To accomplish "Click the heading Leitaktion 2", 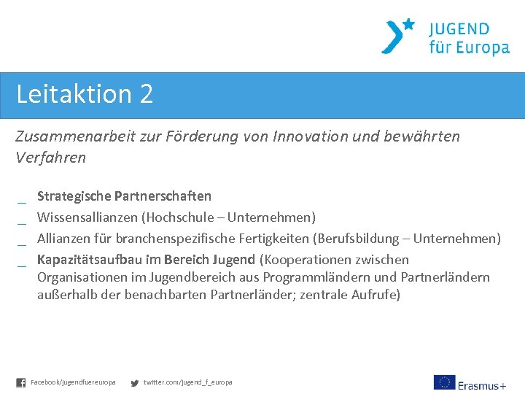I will pyautogui.click(x=85, y=94).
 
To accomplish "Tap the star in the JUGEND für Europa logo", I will pyautogui.click(x=408, y=24).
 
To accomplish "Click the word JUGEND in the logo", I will pyautogui.click(x=459, y=29).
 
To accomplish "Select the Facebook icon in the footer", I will pyautogui.click(x=21, y=382).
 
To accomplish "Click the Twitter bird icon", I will pyautogui.click(x=134, y=382).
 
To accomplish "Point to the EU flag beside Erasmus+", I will pyautogui.click(x=444, y=382).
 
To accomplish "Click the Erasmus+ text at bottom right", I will pyautogui.click(x=482, y=385).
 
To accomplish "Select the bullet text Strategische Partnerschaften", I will pyautogui.click(x=124, y=196).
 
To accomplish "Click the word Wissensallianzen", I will pyautogui.click(x=87, y=217).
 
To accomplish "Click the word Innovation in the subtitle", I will pyautogui.click(x=309, y=136).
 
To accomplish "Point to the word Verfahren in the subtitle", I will pyautogui.click(x=50, y=158).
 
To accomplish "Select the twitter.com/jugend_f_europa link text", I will pyautogui.click(x=187, y=382).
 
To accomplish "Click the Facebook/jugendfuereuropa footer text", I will pyautogui.click(x=73, y=382).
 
